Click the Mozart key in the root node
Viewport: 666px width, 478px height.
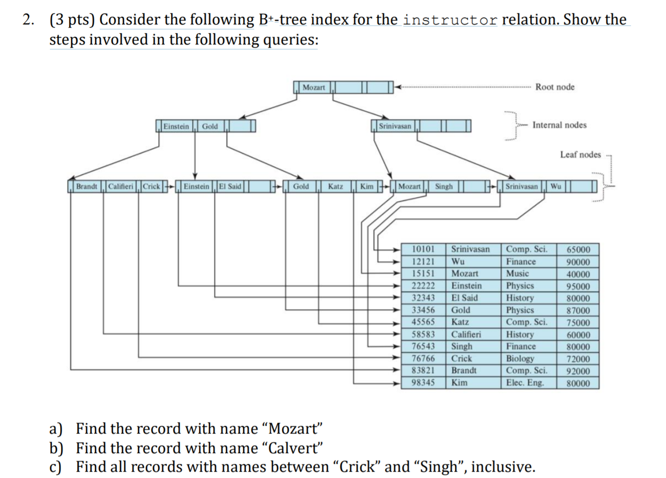pos(314,87)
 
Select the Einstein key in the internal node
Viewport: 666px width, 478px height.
pos(176,127)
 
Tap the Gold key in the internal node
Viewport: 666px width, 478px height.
pos(210,127)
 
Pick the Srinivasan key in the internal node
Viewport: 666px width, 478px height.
pos(395,127)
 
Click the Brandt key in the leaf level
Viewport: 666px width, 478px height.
pos(86,187)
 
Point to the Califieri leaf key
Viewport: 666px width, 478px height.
pos(120,187)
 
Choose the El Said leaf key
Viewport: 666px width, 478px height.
pos(230,187)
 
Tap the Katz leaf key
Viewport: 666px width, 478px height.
pos(335,187)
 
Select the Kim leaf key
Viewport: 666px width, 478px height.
pos(366,187)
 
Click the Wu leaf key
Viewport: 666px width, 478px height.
pos(556,187)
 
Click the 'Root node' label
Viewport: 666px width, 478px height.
pos(555,87)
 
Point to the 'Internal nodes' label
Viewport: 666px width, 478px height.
pos(559,125)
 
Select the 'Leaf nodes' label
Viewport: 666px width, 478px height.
pos(580,154)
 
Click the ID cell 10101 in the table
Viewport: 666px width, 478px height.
pos(423,249)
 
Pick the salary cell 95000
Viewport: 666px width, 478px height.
pos(578,286)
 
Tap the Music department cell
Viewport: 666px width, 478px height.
pos(517,274)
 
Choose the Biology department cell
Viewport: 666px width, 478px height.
pos(520,358)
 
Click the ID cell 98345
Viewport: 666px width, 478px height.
pos(423,382)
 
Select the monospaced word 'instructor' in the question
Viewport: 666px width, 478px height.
pos(450,20)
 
